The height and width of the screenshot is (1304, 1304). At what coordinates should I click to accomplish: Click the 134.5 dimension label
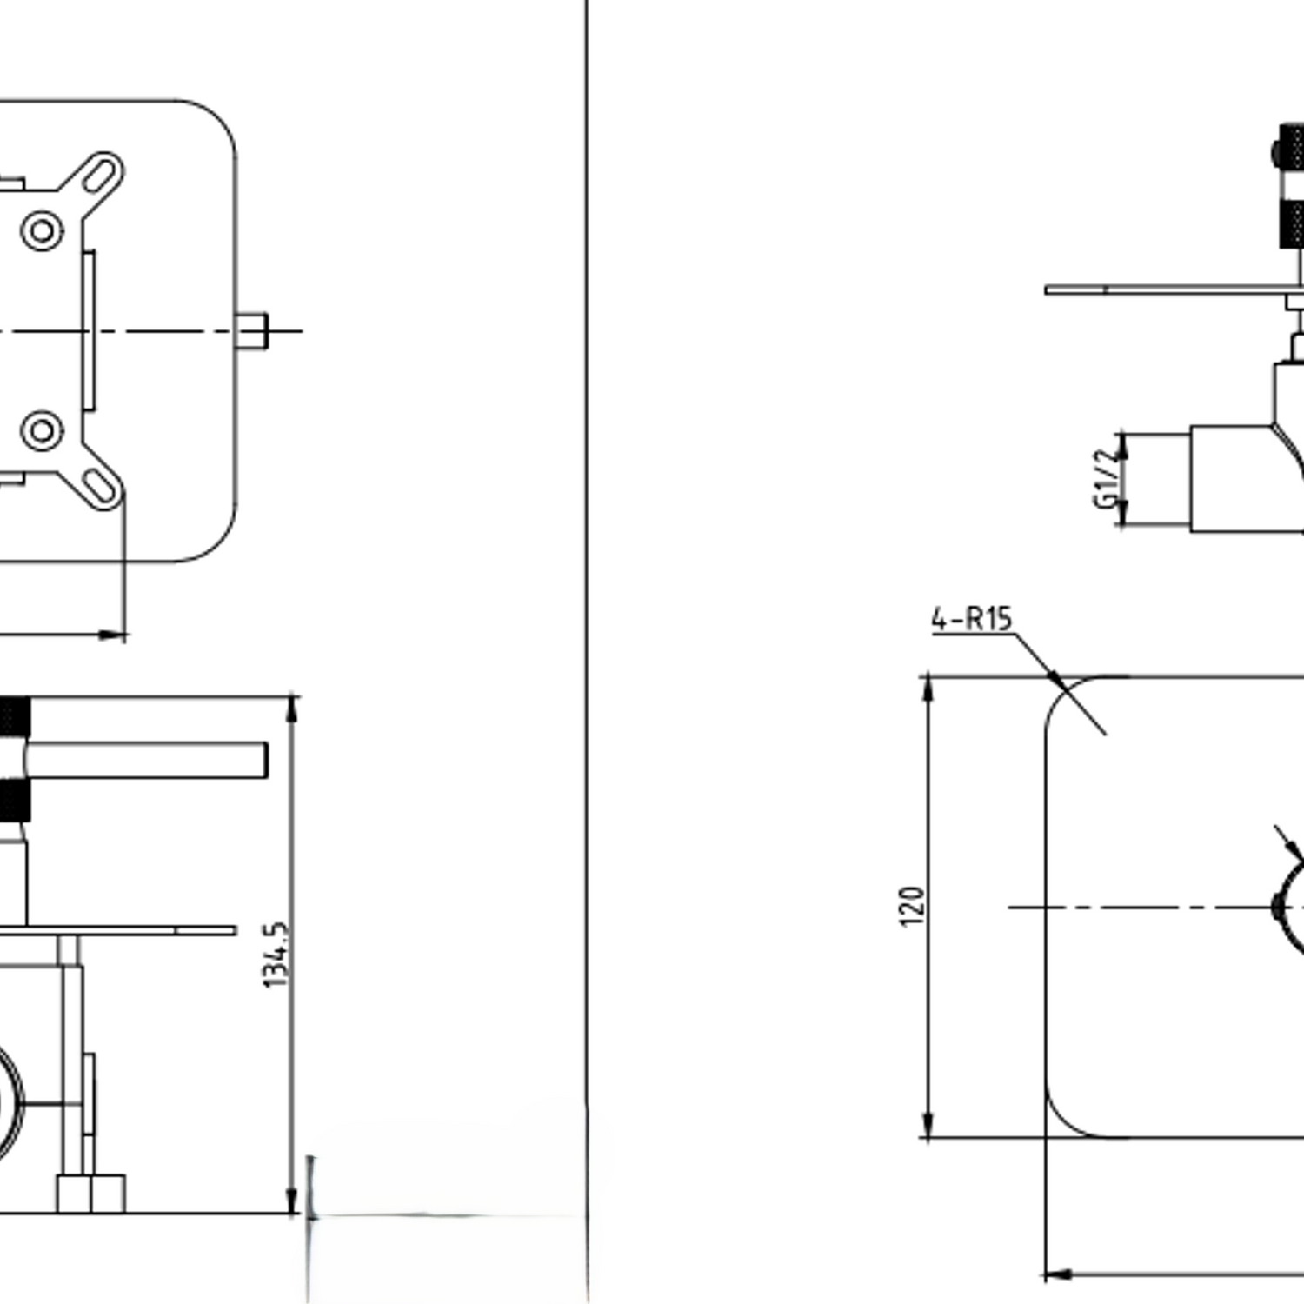(276, 955)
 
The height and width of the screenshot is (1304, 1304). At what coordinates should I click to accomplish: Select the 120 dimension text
(911, 906)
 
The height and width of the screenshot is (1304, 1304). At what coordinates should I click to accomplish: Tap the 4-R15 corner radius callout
(971, 619)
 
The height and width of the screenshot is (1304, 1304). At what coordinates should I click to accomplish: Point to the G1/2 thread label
(1104, 477)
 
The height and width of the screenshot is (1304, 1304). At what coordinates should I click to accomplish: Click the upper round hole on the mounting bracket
(42, 230)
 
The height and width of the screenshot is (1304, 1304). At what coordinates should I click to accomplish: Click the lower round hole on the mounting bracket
(42, 430)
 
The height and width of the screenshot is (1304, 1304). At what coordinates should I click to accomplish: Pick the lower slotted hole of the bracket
(101, 487)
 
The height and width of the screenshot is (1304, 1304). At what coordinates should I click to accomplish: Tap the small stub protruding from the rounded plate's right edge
(252, 331)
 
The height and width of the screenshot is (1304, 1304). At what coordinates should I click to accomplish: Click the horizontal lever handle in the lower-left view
(148, 760)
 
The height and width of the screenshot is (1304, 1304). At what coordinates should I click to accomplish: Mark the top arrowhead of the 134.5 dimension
(292, 708)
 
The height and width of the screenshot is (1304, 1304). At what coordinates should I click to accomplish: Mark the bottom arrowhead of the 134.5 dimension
(292, 1201)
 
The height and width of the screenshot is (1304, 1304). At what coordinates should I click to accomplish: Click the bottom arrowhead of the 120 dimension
(928, 1125)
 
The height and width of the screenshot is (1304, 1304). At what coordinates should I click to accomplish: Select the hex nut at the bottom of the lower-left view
(91, 1194)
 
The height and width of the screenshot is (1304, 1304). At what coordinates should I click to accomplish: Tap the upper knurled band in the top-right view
(1292, 146)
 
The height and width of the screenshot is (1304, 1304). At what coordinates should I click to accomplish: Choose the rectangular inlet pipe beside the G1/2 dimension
(1234, 478)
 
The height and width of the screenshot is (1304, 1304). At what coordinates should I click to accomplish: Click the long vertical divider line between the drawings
(587, 609)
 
